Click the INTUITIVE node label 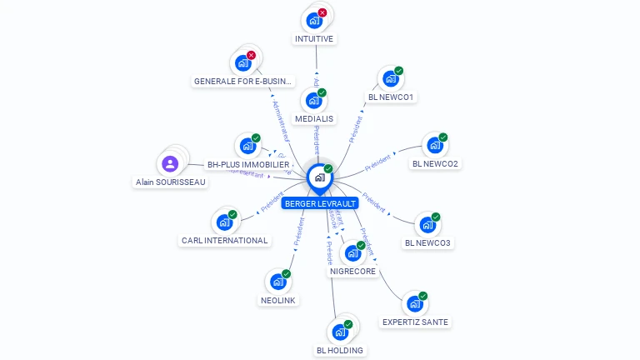(314, 38)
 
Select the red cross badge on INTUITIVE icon (322, 12)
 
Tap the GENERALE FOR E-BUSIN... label (243, 82)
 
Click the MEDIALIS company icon (313, 101)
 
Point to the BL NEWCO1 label (391, 97)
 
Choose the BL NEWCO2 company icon (434, 145)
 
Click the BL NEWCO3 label (427, 243)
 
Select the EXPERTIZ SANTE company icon (414, 304)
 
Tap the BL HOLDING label (340, 350)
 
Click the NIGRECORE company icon (352, 252)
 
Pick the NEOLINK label (278, 300)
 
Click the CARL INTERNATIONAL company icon (224, 222)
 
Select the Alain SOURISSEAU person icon (170, 163)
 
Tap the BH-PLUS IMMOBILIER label (248, 165)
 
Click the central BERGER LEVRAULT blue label (320, 203)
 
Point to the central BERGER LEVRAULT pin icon (319, 177)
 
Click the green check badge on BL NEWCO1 (398, 72)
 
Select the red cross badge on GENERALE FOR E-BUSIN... (251, 55)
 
